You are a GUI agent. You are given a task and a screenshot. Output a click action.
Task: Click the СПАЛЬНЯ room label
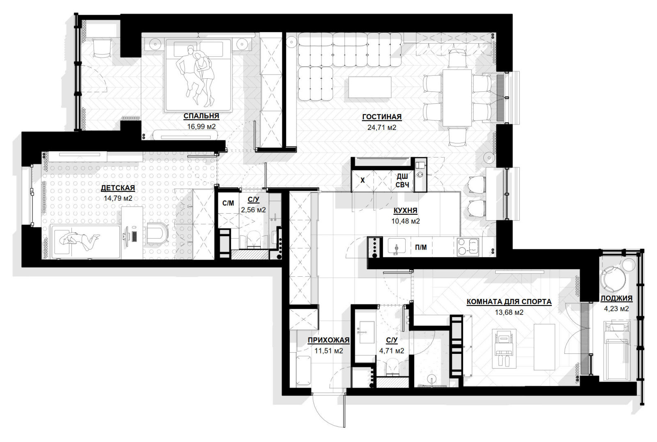tap(201, 116)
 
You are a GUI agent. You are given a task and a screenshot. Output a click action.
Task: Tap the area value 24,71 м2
tap(381, 128)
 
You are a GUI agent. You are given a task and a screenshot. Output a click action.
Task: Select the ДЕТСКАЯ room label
tap(118, 188)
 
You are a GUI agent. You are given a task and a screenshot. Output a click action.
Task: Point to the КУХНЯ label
tap(405, 210)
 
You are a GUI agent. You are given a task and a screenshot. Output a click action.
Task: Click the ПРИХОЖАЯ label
tap(328, 340)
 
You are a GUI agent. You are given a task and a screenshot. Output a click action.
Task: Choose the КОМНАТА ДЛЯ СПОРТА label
tap(509, 302)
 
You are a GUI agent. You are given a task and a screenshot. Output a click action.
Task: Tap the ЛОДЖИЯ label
tap(616, 298)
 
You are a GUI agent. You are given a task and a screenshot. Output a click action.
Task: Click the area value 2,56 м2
tap(253, 210)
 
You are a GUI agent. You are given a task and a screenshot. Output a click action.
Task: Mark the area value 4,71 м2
tap(392, 351)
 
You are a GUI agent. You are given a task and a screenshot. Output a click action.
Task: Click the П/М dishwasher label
tap(421, 248)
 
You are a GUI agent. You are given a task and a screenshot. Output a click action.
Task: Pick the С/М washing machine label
tap(228, 203)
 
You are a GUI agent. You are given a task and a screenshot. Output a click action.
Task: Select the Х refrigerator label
tap(363, 180)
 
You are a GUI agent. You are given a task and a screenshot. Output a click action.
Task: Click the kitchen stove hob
tap(468, 247)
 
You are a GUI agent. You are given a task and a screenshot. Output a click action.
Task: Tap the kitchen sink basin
tap(397, 246)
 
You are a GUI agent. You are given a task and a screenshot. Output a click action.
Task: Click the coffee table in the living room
tap(370, 87)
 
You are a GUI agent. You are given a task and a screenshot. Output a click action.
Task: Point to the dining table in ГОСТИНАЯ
tap(457, 98)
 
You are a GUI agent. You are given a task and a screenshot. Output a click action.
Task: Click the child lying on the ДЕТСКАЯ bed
tap(79, 241)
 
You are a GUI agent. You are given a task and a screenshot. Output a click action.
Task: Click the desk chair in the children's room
tap(157, 233)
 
